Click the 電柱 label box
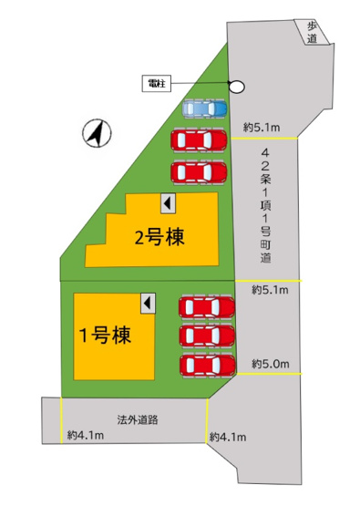[x=158, y=84]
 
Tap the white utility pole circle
[x=236, y=87]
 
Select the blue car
[x=203, y=109]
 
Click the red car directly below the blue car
[x=201, y=139]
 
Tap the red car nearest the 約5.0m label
[x=206, y=365]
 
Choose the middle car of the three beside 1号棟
[x=206, y=335]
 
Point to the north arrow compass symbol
[x=97, y=135]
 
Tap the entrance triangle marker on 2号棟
[x=167, y=201]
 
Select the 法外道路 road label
[x=137, y=420]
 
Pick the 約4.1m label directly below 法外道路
[x=85, y=437]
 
